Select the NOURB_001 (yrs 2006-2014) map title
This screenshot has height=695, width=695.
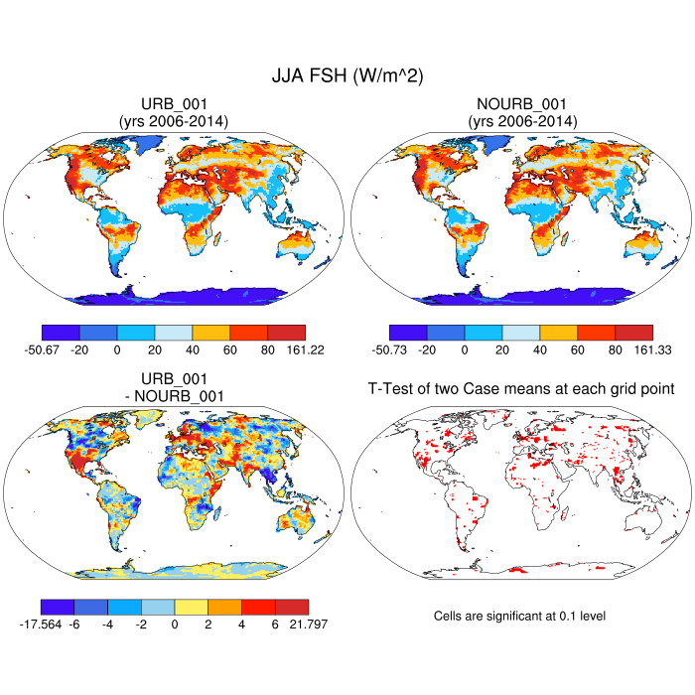[521, 112]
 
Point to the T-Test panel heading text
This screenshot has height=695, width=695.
[521, 390]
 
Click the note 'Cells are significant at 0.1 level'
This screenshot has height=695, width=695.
[519, 616]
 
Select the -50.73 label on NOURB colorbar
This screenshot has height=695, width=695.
[406, 349]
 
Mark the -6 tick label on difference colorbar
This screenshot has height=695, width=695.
[73, 624]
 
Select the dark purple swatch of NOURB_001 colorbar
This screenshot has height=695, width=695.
[408, 333]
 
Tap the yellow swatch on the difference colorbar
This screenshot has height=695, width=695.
[191, 607]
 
